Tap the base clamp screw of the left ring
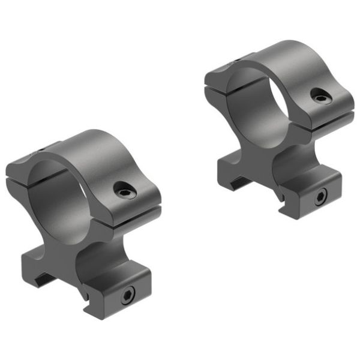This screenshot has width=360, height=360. tap(127, 295)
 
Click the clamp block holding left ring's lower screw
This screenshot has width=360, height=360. tap(114, 288)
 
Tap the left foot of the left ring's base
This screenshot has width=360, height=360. tap(36, 267)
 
